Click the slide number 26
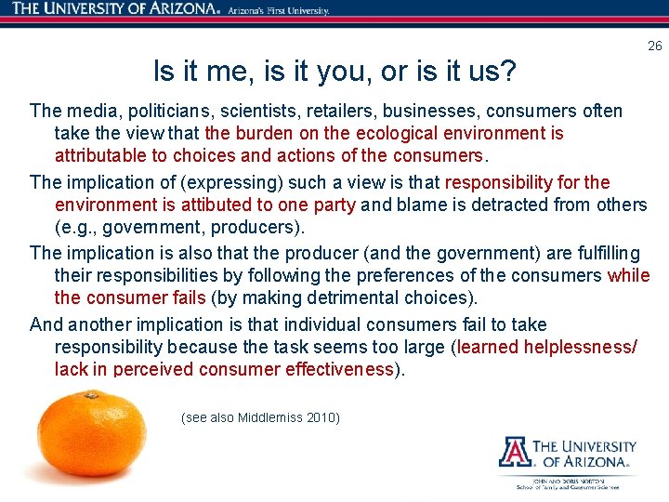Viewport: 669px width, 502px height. click(655, 46)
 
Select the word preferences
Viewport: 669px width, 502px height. click(410, 275)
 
